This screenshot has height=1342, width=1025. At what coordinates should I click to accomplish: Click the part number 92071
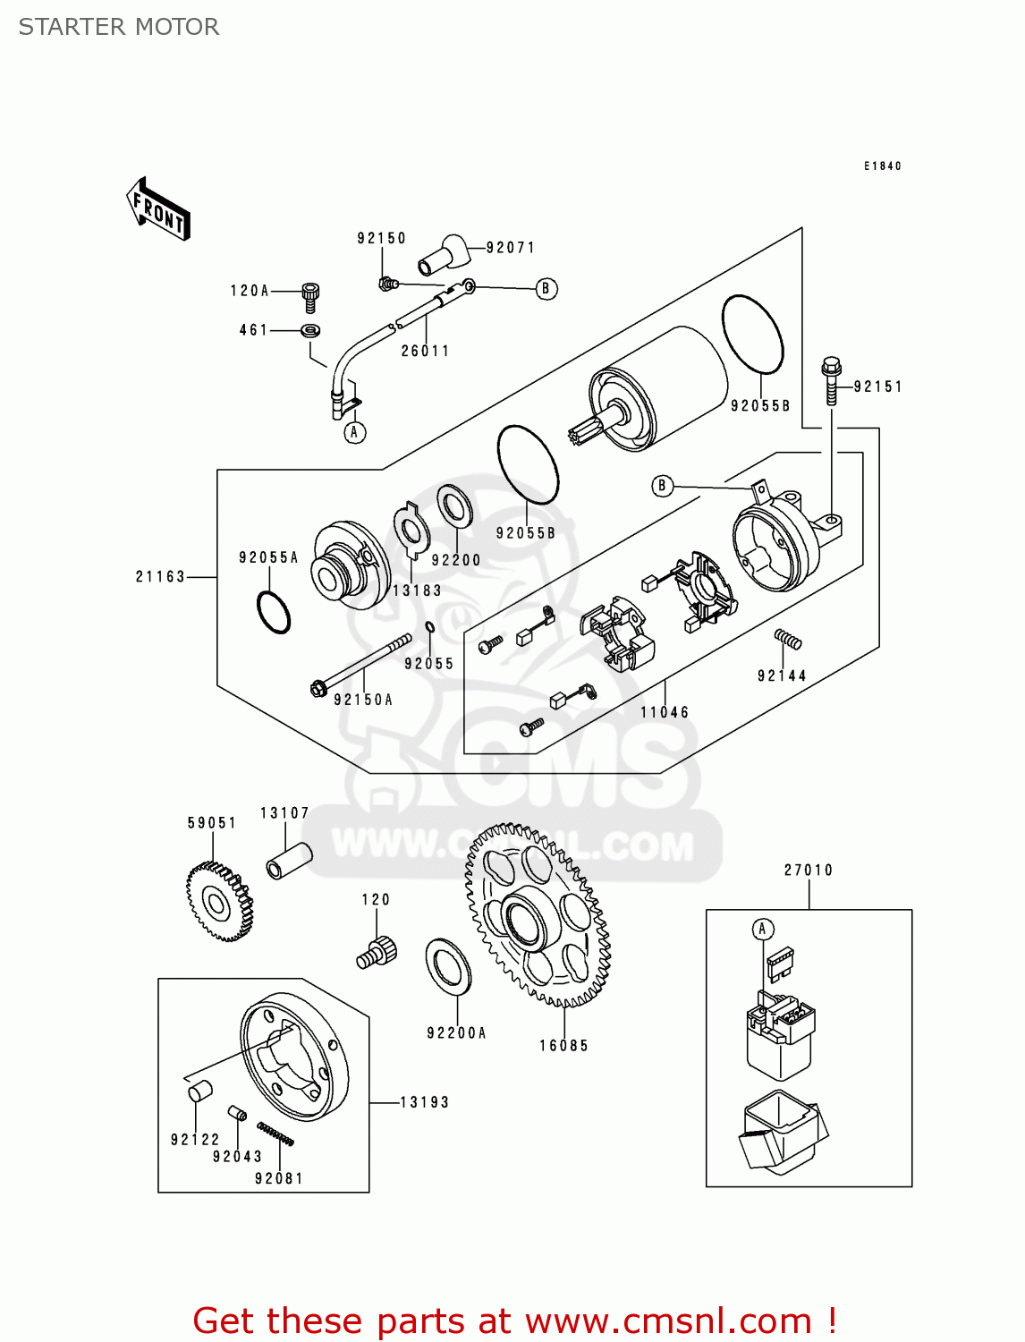point(510,248)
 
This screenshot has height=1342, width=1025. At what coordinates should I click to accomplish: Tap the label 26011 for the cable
point(425,352)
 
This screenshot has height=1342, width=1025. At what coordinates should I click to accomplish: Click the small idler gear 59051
point(218,902)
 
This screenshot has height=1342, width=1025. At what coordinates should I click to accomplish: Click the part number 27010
point(809,870)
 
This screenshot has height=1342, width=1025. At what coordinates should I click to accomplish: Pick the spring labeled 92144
point(788,639)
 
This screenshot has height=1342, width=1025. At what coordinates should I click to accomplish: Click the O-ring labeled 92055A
point(274,612)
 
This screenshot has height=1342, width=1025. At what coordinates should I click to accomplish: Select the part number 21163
point(161,577)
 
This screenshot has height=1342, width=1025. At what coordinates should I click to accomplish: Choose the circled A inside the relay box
point(762,930)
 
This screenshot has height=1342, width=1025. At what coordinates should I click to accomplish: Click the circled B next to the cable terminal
point(546,289)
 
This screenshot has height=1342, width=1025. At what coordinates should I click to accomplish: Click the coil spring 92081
point(275,1133)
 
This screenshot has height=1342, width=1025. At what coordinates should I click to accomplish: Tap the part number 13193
point(424,1102)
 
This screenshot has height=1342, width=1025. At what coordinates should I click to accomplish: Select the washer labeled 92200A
point(448,967)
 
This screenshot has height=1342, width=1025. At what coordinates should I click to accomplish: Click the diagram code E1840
point(882,166)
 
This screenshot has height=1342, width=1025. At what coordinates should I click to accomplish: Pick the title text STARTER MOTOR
point(119,27)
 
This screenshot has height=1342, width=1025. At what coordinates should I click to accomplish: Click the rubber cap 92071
point(445,253)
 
